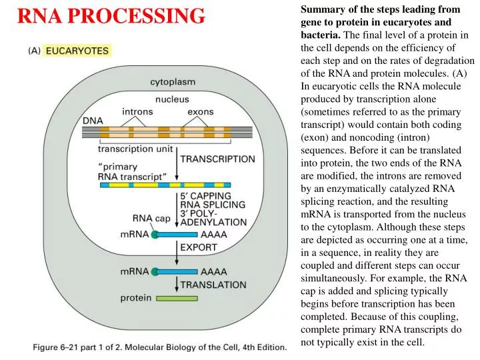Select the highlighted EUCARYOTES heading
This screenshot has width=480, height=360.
pyautogui.click(x=78, y=51)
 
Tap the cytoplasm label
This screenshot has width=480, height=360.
pyautogui.click(x=172, y=82)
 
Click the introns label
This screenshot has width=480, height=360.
pyautogui.click(x=137, y=111)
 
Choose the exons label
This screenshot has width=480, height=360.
pyautogui.click(x=200, y=111)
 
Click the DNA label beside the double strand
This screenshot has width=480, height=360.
pyautogui.click(x=93, y=121)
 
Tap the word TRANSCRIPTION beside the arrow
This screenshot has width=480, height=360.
pyautogui.click(x=217, y=159)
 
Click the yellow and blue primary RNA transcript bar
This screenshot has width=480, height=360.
pyautogui.click(x=165, y=184)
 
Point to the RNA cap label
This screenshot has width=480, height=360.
pyautogui.click(x=151, y=217)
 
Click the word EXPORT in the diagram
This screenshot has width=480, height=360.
pyautogui.click(x=199, y=247)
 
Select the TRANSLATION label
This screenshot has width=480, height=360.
pyautogui.click(x=213, y=284)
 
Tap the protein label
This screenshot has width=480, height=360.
pyautogui.click(x=135, y=298)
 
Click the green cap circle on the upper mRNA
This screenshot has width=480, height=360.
pyautogui.click(x=155, y=235)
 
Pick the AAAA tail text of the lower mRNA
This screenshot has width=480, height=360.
pyautogui.click(x=214, y=272)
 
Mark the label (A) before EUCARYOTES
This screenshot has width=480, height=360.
pyautogui.click(x=35, y=51)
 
